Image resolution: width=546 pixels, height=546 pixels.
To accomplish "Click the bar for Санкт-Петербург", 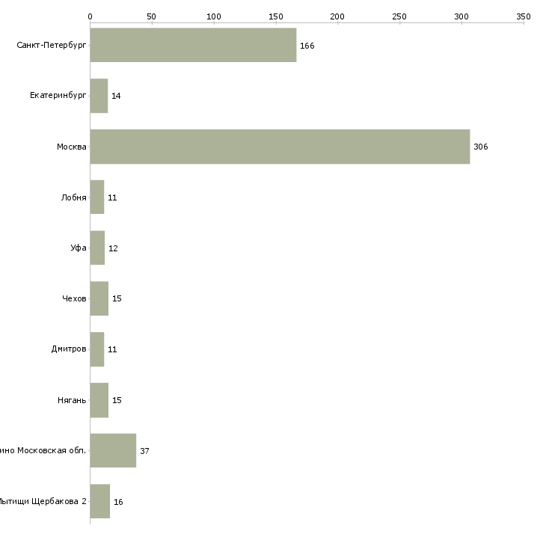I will coord(193,45).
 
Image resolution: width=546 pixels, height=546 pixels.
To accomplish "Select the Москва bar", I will coord(280,147).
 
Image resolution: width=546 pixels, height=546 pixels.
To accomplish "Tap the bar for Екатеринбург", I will coord(99,96).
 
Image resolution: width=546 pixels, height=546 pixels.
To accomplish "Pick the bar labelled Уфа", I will coord(97,248).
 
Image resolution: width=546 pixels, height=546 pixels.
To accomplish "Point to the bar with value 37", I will coord(113,450).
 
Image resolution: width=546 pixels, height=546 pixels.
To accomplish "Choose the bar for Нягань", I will coord(99,400).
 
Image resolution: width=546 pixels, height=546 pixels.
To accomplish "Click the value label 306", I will coord(480,147).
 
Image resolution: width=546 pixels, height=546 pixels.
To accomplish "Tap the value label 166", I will coord(307,46).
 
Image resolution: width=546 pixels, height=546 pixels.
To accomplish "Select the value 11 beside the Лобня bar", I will coord(112,197).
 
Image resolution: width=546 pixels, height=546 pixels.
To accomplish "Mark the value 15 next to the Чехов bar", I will coord(117,298).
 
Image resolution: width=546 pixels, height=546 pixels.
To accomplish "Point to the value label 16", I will coord(118,502).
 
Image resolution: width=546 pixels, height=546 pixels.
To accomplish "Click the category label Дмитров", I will coord(69,349).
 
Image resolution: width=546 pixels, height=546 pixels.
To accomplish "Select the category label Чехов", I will coord(74,298).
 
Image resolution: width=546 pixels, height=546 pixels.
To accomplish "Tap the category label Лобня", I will coord(74,197).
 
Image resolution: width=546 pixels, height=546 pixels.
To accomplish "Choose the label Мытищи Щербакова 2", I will coord(43,501).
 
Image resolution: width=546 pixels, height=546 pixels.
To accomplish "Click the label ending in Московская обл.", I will coord(43,450).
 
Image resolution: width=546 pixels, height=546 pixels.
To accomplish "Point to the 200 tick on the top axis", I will coord(337,16).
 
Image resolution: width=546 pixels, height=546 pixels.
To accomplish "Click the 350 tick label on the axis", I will coord(523,16).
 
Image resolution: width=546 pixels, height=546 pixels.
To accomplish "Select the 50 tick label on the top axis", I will coord(151,16).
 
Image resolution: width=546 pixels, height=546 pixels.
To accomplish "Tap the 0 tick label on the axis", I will coord(90,16).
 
